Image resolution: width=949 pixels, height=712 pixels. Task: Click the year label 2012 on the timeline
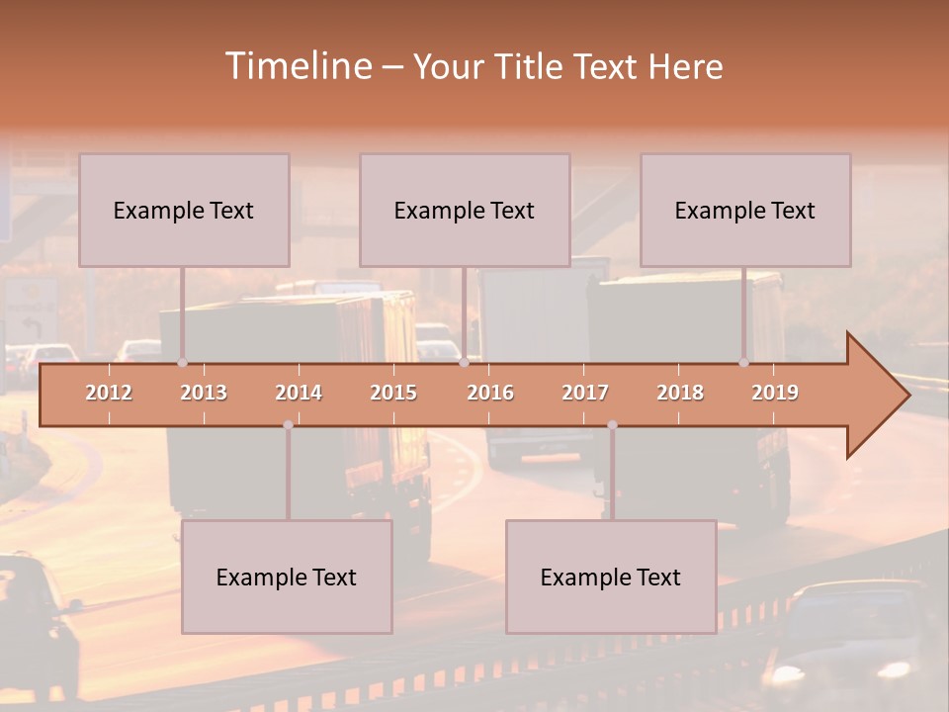[109, 393]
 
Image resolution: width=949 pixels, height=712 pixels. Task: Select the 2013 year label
[204, 393]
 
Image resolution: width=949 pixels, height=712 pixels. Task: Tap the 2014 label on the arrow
[299, 393]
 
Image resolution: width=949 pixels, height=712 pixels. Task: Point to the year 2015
[393, 393]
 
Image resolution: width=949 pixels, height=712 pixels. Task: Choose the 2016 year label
[490, 393]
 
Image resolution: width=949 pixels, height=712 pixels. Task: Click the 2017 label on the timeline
[585, 393]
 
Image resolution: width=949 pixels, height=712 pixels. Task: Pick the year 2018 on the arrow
[680, 393]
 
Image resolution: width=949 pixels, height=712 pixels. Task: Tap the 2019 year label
[775, 393]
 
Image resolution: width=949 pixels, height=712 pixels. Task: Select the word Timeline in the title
[297, 66]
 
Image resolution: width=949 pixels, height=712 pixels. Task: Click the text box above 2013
[184, 210]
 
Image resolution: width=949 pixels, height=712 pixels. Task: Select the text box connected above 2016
[465, 210]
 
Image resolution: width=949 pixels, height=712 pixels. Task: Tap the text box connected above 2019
[745, 210]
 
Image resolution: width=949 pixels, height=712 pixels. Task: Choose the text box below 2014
[287, 577]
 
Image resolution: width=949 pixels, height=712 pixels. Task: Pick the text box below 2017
[611, 577]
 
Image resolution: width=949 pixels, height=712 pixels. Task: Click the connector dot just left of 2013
[182, 363]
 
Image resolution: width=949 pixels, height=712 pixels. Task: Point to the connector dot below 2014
[288, 425]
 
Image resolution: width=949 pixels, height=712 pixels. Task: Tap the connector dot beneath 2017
[612, 425]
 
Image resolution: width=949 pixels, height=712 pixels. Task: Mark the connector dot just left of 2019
[743, 363]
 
